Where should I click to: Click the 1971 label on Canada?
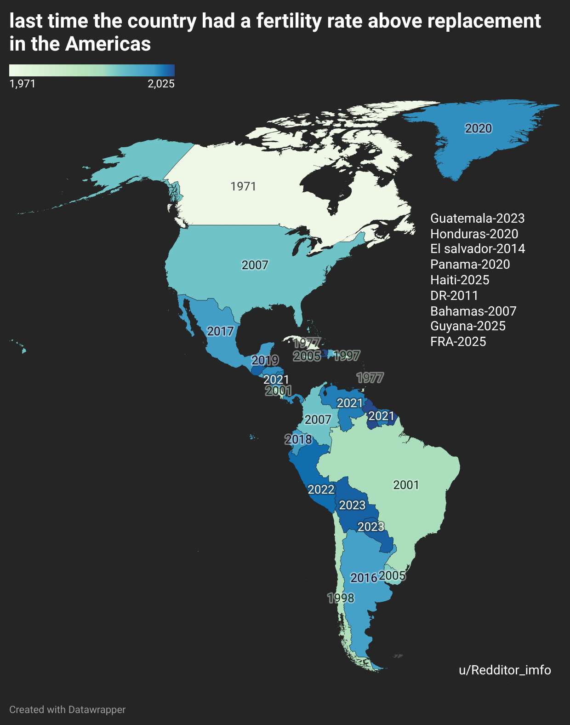click(x=243, y=186)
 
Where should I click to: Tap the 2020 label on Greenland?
click(x=478, y=128)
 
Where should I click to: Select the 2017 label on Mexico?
click(x=220, y=331)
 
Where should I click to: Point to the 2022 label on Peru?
click(x=321, y=489)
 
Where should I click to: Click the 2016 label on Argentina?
click(x=364, y=578)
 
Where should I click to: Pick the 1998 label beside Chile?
click(x=341, y=598)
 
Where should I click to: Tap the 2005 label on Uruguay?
click(x=392, y=575)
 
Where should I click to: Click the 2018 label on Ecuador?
click(x=298, y=439)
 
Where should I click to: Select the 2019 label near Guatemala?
click(x=265, y=360)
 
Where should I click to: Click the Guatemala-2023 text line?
click(x=477, y=218)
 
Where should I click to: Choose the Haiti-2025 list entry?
click(x=460, y=280)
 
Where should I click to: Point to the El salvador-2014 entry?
click(x=478, y=249)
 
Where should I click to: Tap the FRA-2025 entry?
click(x=458, y=341)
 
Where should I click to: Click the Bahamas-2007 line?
click(x=473, y=311)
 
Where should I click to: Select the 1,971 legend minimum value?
click(x=23, y=84)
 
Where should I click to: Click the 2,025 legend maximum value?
click(x=161, y=84)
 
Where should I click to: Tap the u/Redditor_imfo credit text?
click(x=505, y=670)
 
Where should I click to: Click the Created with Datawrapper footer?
click(x=67, y=709)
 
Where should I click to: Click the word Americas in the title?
click(x=108, y=44)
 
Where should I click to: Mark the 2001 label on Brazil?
click(x=406, y=485)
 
